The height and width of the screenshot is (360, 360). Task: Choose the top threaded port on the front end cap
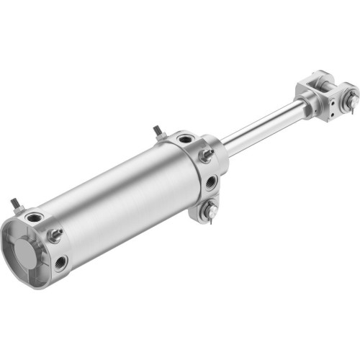[x=186, y=138]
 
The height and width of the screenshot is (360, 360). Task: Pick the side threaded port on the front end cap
[x=211, y=183]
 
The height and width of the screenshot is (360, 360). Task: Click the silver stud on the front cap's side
[x=206, y=155]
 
